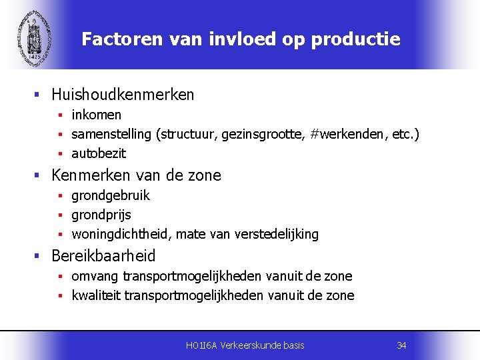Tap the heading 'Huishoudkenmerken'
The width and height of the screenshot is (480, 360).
point(123,95)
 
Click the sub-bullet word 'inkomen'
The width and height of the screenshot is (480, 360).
point(96,115)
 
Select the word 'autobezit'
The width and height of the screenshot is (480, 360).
point(99,153)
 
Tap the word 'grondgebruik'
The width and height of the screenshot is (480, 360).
point(111,195)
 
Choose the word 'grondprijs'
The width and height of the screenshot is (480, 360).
point(101,215)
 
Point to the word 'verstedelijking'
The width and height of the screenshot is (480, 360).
point(280,234)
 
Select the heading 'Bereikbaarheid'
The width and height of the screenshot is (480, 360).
point(103,256)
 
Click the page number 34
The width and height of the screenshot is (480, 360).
point(401,345)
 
